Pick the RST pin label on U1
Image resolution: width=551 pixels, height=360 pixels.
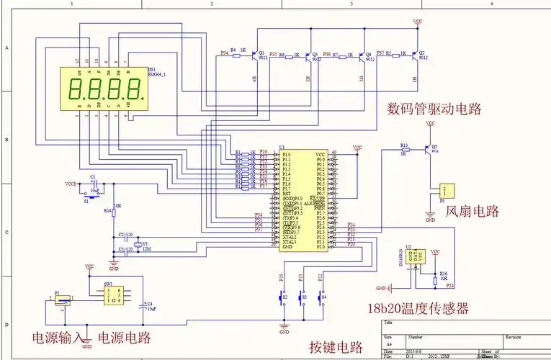click(286, 193)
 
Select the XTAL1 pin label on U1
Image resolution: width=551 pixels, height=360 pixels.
click(289, 242)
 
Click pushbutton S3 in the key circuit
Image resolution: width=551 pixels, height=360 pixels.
click(303, 296)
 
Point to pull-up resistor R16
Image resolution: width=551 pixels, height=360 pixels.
click(435, 276)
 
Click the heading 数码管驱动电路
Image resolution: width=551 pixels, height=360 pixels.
click(434, 109)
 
